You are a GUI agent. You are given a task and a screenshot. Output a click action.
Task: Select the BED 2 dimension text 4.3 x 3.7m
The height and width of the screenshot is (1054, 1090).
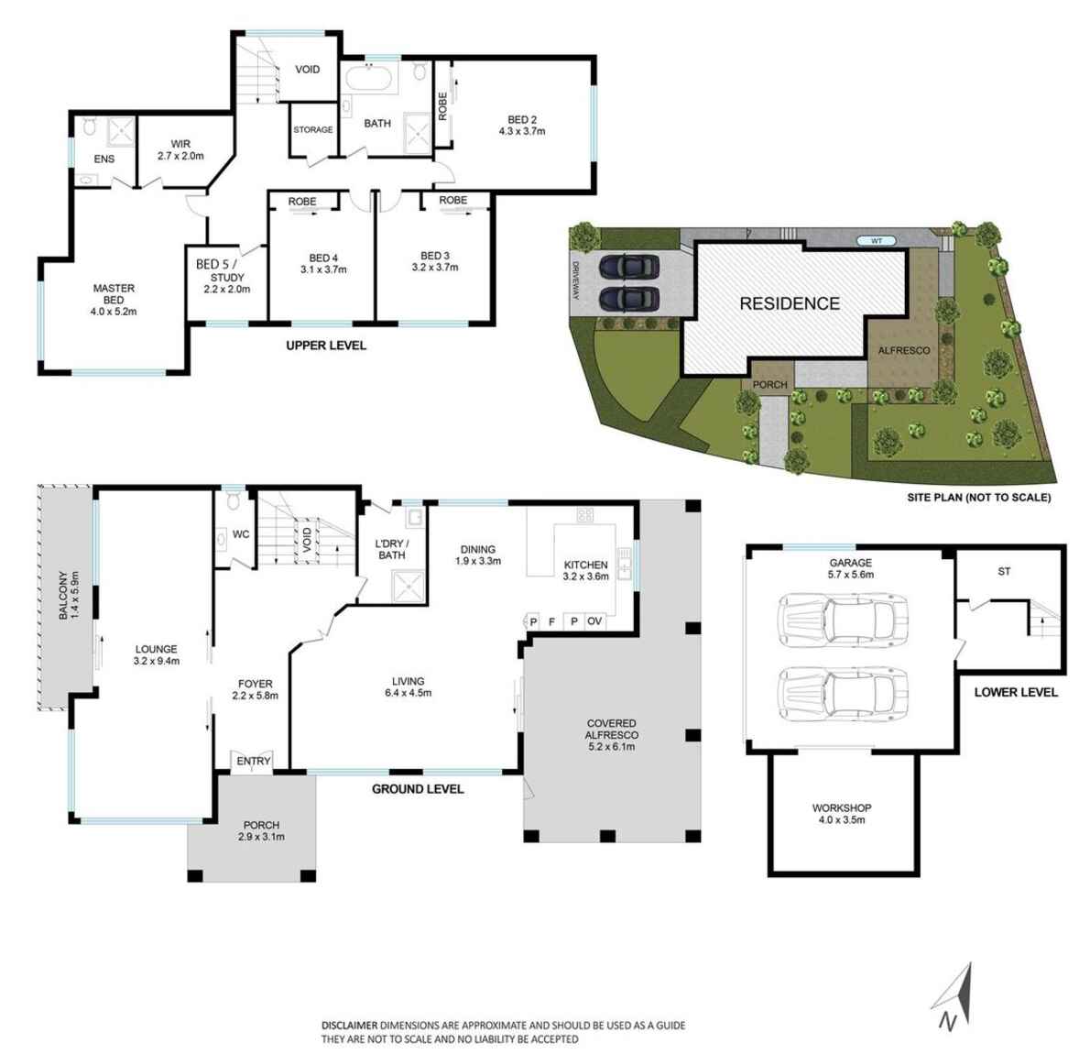click(x=522, y=131)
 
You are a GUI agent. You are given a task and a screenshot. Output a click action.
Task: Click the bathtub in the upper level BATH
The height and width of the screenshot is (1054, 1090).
click(x=368, y=80)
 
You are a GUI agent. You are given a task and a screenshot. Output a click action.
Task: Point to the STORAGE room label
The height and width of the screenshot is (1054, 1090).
click(x=313, y=130)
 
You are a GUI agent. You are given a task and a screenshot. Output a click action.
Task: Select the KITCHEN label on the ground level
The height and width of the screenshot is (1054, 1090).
click(x=585, y=565)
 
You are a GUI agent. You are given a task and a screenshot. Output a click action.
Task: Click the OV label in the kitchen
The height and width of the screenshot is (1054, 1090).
click(x=594, y=621)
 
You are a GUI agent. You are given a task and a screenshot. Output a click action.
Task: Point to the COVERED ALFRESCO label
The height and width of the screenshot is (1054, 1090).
click(x=612, y=729)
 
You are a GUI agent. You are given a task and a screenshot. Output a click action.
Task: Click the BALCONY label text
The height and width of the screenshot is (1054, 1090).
click(x=63, y=596)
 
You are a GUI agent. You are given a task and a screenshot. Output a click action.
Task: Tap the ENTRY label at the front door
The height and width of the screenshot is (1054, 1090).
click(x=254, y=761)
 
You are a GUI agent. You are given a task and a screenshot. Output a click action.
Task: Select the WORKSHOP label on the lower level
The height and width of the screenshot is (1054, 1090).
click(x=842, y=807)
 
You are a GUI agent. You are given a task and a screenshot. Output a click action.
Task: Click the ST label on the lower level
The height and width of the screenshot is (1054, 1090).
click(x=1004, y=571)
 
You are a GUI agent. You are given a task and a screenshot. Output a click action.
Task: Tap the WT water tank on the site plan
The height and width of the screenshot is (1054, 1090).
click(x=877, y=240)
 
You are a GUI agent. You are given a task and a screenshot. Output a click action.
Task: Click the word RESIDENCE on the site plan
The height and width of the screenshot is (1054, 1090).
click(x=790, y=303)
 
